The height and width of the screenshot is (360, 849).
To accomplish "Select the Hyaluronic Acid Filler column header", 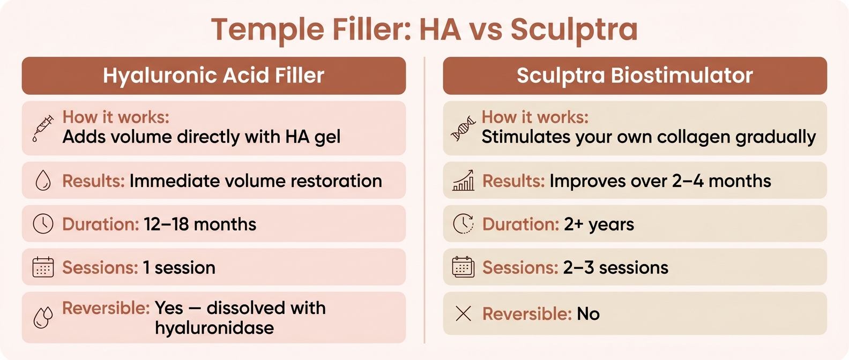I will (213, 76).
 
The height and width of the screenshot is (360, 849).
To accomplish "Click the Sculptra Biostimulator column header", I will (635, 76).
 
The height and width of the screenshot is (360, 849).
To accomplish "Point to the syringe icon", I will (43, 128).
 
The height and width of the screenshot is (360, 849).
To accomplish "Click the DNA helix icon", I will (463, 128).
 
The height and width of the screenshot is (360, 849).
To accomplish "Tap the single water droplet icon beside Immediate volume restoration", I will (43, 181).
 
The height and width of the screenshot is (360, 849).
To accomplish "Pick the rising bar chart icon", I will (463, 181).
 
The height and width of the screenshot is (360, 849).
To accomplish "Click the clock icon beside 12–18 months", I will (43, 224).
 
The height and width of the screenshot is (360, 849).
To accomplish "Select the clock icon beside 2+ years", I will (463, 224).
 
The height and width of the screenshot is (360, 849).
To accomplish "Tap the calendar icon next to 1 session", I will (43, 267).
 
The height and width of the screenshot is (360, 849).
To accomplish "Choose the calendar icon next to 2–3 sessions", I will (463, 267).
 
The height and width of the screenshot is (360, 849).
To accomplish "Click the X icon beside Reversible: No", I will (463, 313).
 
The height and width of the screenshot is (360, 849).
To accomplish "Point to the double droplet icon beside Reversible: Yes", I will (43, 317).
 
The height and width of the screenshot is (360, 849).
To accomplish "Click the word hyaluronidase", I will (214, 328).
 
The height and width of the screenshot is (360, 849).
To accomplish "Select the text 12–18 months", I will (200, 224).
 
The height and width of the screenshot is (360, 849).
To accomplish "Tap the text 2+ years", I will (599, 224).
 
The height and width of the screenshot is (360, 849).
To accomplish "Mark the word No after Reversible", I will (588, 314).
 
